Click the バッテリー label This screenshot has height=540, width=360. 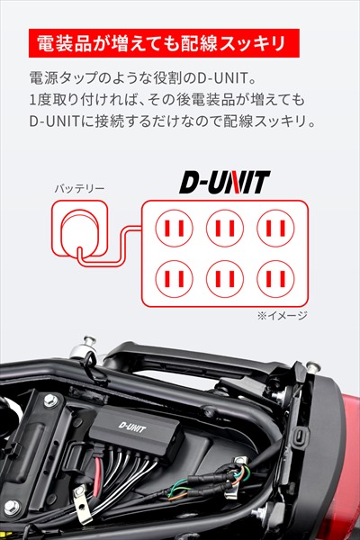(79, 189)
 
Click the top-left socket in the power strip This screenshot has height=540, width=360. (175, 228)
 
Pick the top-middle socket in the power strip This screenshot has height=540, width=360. (225, 228)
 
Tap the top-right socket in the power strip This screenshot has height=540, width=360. (276, 228)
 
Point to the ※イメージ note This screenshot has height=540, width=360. (283, 316)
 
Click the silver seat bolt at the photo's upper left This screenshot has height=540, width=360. (88, 346)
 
